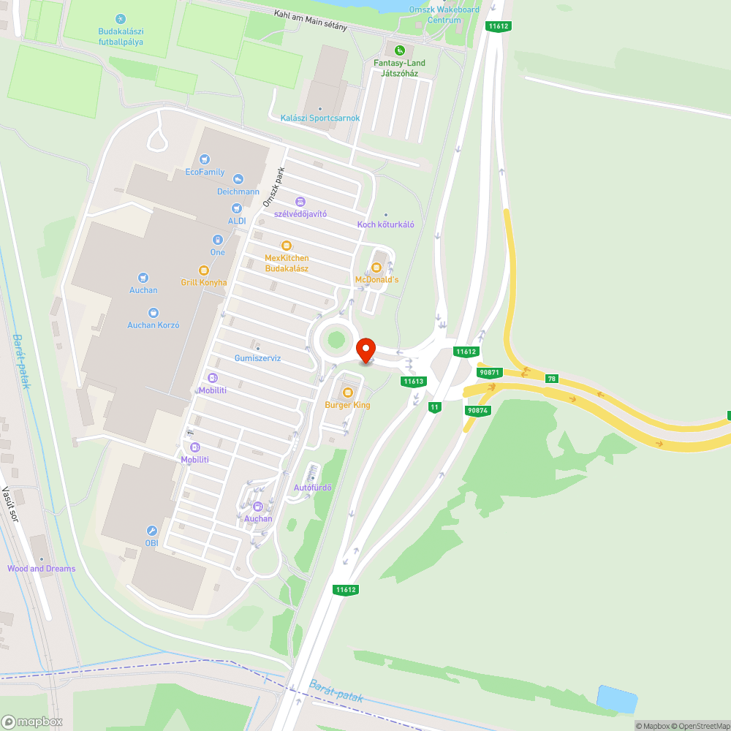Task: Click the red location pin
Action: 365,349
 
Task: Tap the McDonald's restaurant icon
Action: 377,267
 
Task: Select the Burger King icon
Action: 347,393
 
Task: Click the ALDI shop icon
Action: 237,208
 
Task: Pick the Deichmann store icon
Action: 238,179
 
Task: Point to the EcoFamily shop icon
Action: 205,159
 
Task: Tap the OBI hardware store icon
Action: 151,531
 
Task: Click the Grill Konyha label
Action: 204,282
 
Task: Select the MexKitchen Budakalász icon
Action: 287,246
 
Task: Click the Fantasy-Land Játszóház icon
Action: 399,50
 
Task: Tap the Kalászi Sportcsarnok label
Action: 320,118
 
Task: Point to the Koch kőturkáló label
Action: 385,224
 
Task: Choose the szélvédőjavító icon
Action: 300,201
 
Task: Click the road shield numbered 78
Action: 551,378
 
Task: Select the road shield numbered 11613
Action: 413,381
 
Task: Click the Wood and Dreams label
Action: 41,568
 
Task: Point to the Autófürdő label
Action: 312,488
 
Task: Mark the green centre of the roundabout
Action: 336,339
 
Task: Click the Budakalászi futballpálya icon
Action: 121,19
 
